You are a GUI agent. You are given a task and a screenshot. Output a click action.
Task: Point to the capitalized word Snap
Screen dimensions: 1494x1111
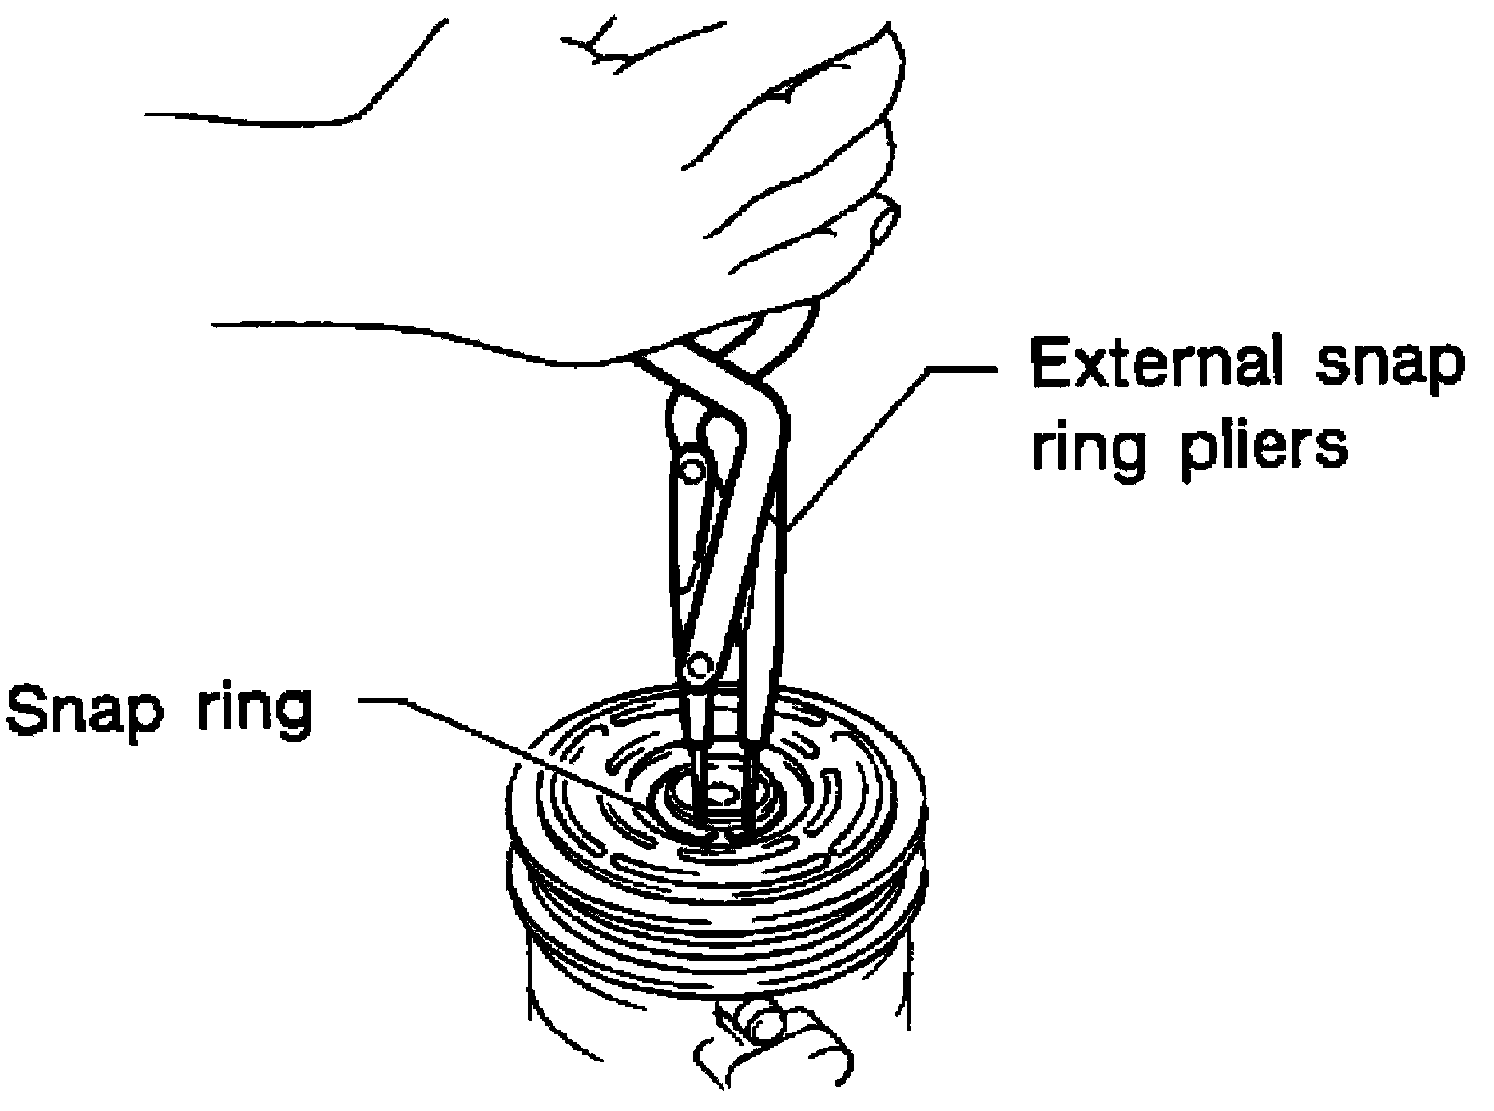[81, 712]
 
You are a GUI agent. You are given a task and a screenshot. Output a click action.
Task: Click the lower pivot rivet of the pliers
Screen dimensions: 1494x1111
[701, 662]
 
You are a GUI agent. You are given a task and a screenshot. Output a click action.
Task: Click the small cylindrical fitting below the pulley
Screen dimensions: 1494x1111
[765, 1024]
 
